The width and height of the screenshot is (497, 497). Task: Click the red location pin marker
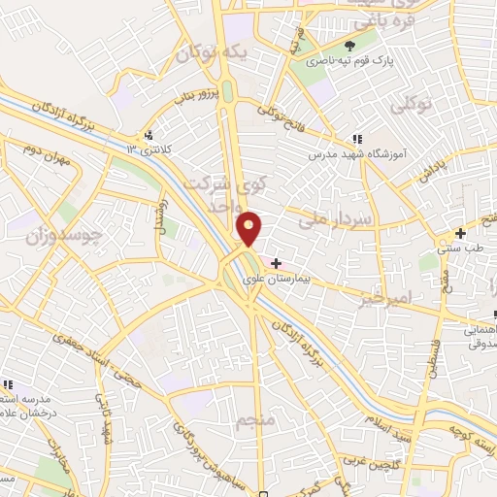249,227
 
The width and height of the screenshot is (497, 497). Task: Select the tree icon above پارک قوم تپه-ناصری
351,46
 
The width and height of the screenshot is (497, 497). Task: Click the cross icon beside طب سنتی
460,233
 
